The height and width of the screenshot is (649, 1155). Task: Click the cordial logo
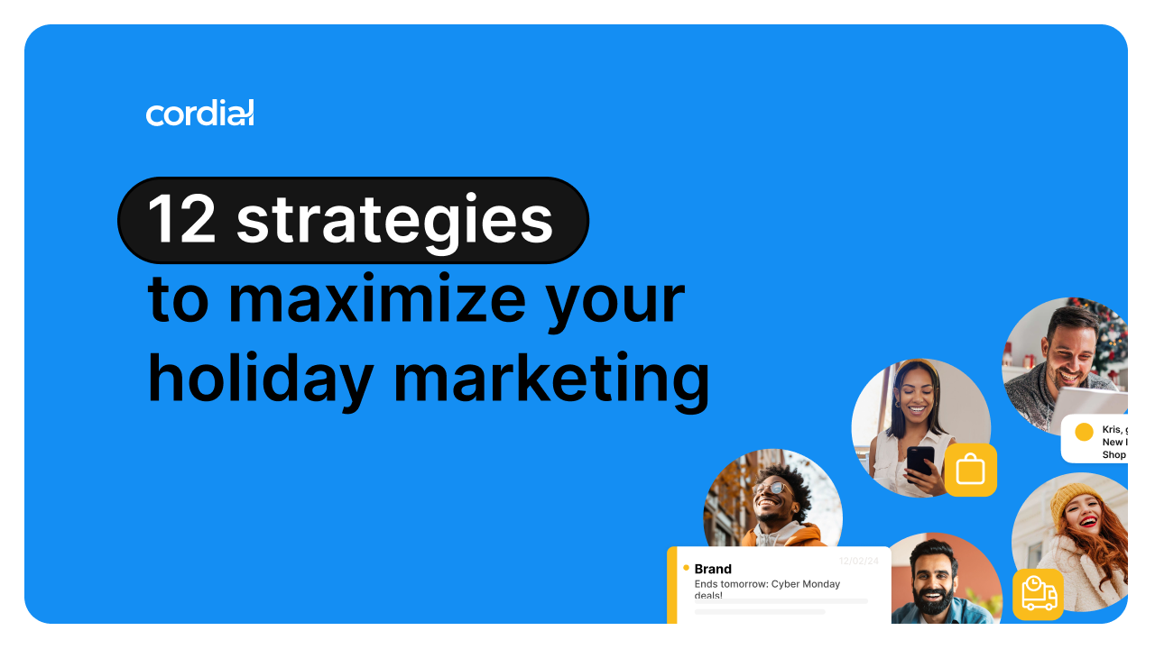(199, 113)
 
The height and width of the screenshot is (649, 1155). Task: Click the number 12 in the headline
(184, 220)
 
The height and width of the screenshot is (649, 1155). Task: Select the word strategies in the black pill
(394, 220)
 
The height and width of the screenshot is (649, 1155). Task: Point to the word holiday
(260, 379)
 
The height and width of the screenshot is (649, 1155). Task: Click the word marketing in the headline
(551, 379)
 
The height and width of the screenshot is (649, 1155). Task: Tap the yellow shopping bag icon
(970, 470)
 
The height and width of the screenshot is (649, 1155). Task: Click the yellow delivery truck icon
(1038, 594)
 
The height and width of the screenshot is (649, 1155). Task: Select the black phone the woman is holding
(920, 461)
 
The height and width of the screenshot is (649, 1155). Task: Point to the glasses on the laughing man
(771, 489)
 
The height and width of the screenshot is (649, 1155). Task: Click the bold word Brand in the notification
(713, 569)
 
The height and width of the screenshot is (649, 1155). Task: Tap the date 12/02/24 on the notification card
(858, 561)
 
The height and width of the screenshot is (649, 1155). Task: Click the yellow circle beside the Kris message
(1084, 432)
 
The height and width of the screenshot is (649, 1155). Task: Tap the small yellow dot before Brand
(686, 568)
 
